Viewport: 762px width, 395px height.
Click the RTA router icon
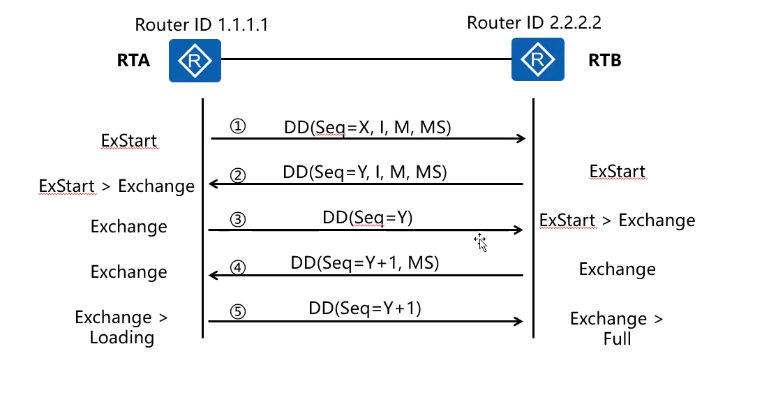195,61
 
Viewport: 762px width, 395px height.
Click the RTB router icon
537,59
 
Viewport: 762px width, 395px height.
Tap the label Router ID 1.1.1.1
202,25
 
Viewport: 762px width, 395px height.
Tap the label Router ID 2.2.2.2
534,22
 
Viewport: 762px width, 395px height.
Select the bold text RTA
133,61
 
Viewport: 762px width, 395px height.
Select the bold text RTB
604,61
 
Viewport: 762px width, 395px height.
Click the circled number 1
238,127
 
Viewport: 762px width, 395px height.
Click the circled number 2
238,174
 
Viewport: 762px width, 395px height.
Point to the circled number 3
238,220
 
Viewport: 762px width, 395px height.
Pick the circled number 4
238,267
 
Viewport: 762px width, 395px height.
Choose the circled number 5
238,311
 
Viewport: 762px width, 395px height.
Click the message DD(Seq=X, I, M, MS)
367,128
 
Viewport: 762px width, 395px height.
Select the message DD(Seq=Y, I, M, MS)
365,172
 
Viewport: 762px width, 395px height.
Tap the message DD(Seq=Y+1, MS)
364,263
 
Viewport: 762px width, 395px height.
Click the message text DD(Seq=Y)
368,217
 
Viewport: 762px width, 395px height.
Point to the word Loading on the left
122,338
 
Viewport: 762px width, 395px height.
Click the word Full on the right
617,339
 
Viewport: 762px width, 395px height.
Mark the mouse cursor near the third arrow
480,241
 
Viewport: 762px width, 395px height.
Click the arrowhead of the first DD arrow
521,139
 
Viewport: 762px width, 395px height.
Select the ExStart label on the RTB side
617,172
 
